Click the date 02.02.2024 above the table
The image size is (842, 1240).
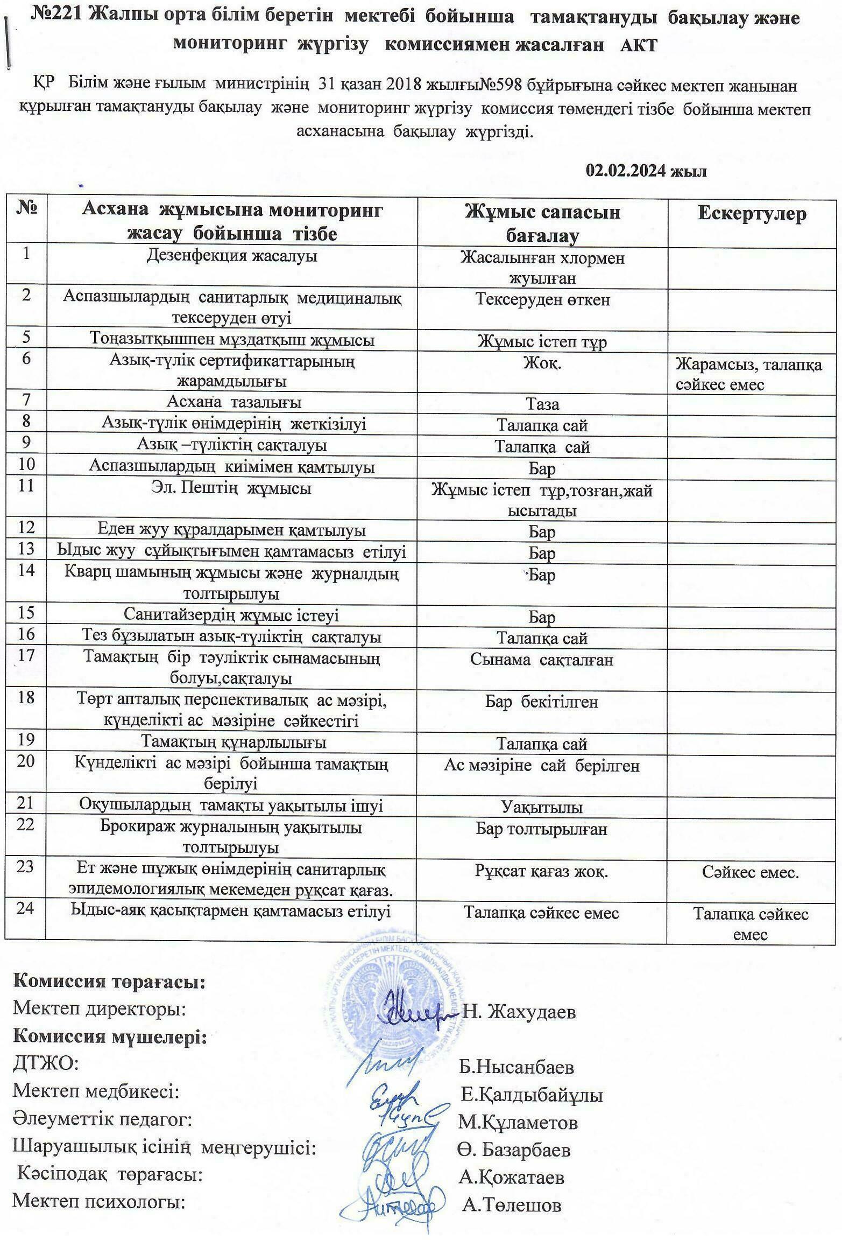point(646,171)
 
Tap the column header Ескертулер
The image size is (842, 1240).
point(752,214)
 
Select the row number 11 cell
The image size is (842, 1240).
point(26,486)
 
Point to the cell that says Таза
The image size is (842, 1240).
point(542,404)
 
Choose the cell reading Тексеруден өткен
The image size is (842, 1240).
point(542,299)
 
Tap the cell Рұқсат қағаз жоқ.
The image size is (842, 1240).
point(542,871)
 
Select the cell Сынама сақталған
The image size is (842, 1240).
point(542,660)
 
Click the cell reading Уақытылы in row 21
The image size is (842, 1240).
point(542,807)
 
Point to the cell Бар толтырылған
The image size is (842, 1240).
point(542,829)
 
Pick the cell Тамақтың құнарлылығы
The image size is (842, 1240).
point(233,742)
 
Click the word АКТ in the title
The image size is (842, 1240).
point(639,45)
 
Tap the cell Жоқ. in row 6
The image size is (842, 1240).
point(542,363)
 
